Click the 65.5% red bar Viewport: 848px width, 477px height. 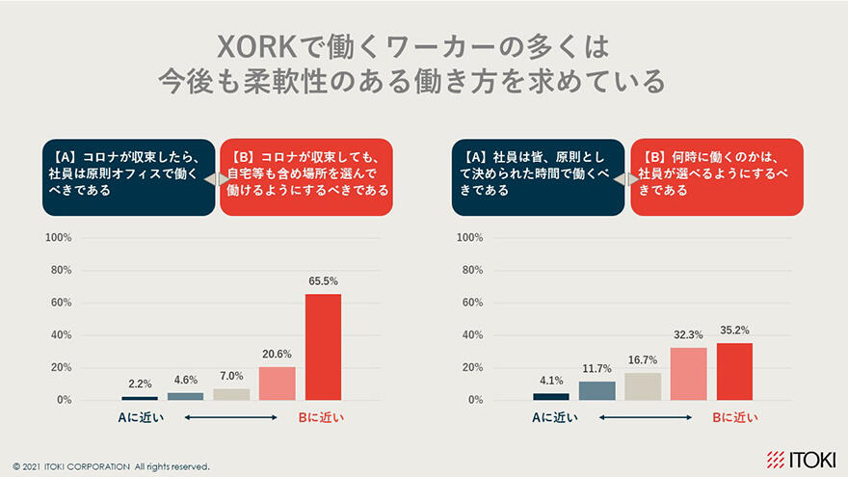click(x=323, y=347)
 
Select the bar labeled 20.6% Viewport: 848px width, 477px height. click(x=278, y=383)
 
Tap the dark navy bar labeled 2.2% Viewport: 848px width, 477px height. click(x=140, y=397)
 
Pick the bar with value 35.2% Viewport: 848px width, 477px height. click(x=734, y=371)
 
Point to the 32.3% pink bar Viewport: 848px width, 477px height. click(x=688, y=373)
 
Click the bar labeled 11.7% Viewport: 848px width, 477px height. click(x=596, y=390)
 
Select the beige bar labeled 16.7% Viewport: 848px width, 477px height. click(x=643, y=385)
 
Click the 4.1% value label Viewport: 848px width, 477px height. click(x=551, y=381)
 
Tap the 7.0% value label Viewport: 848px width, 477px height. click(x=231, y=376)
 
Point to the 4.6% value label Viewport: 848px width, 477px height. click(x=185, y=380)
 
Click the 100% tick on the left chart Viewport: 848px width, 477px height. click(x=60, y=238)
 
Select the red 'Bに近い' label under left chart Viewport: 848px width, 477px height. click(x=320, y=417)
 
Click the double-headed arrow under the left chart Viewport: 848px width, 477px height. click(x=230, y=417)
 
